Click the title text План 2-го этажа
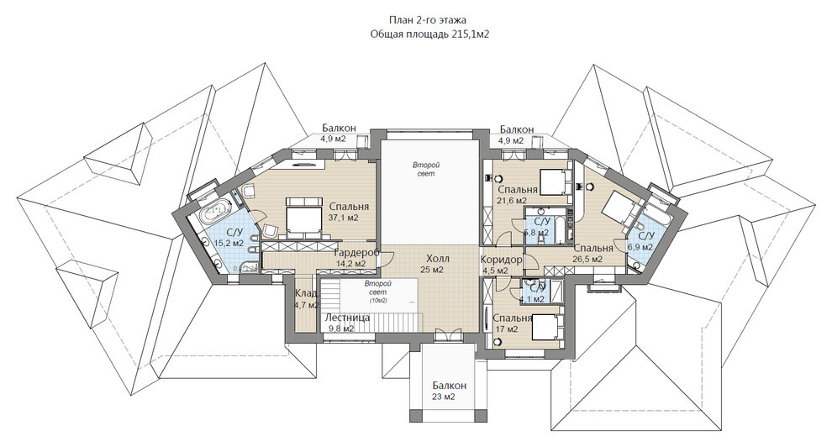click(x=428, y=20)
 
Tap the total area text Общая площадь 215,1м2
click(x=429, y=34)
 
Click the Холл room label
click(x=438, y=259)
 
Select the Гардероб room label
click(x=357, y=252)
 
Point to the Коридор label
click(x=501, y=260)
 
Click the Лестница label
click(x=347, y=318)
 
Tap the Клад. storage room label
click(x=308, y=293)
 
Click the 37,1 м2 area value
click(x=344, y=218)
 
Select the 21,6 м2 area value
click(x=512, y=201)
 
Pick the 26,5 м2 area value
click(x=588, y=259)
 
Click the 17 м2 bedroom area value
click(x=506, y=329)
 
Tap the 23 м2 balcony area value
click(x=444, y=397)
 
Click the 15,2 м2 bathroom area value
click(x=229, y=243)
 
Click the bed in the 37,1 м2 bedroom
click(x=303, y=217)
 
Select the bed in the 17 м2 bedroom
click(x=545, y=326)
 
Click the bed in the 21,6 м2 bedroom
click(x=555, y=181)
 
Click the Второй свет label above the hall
click(x=426, y=170)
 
